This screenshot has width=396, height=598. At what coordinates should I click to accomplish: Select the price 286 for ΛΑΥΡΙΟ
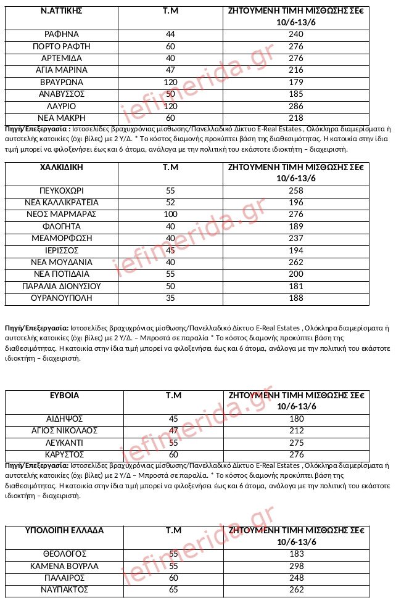tap(296, 106)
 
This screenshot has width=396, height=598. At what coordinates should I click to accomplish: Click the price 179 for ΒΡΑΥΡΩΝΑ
tap(296, 82)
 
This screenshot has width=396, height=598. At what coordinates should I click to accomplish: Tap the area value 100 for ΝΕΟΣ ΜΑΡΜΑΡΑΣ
tap(171, 215)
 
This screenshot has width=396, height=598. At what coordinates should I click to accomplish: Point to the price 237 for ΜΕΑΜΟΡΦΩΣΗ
tap(296, 239)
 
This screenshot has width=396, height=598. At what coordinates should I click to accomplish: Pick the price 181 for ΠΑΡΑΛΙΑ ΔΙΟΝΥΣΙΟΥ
tap(296, 287)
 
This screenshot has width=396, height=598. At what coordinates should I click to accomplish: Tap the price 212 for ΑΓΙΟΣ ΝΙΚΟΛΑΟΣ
tap(296, 431)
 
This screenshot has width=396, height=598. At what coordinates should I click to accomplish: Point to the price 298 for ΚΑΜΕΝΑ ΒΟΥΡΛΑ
tap(296, 566)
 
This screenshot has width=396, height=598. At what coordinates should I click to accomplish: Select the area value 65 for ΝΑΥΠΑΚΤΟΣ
tap(173, 590)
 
